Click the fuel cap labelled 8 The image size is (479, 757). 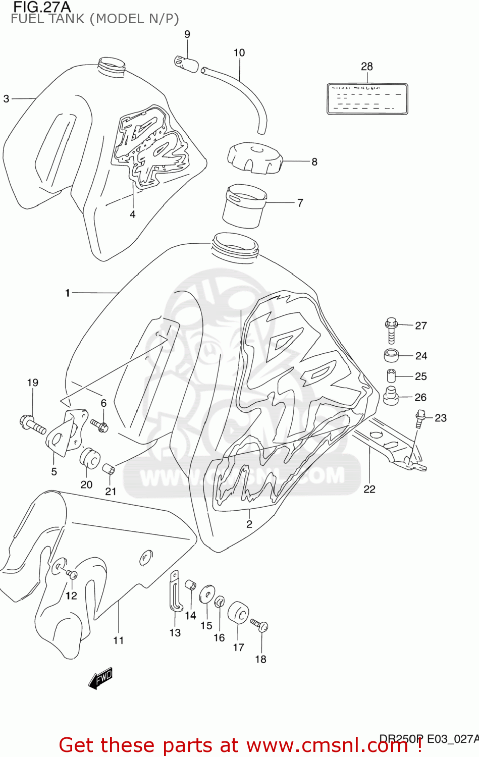(254, 157)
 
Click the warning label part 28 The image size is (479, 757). (367, 99)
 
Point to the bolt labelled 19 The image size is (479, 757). (32, 424)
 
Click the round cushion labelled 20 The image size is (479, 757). (89, 457)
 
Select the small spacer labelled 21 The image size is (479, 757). (109, 469)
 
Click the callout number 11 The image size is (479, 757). (118, 640)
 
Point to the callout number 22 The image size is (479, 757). (369, 489)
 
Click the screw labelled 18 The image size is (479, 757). (259, 625)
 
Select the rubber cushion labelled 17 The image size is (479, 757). (238, 613)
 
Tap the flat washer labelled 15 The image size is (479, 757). (207, 594)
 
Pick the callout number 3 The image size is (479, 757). (6, 99)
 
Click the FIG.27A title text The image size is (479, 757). (41, 7)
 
